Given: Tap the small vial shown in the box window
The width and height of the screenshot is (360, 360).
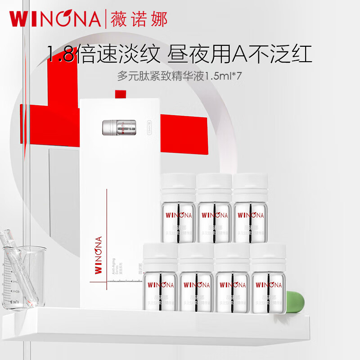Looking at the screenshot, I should click(x=120, y=127).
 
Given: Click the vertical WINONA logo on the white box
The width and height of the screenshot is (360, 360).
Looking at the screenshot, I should click(x=99, y=255).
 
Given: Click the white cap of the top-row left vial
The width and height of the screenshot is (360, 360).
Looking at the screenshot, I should click(x=178, y=185).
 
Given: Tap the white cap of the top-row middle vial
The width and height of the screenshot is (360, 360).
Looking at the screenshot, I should click(x=214, y=185).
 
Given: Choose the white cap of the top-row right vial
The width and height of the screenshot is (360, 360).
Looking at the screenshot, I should click(x=250, y=185).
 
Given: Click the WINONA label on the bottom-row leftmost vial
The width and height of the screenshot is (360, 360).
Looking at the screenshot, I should click(x=160, y=285).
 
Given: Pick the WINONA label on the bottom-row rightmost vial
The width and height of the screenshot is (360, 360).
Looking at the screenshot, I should click(x=268, y=285).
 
